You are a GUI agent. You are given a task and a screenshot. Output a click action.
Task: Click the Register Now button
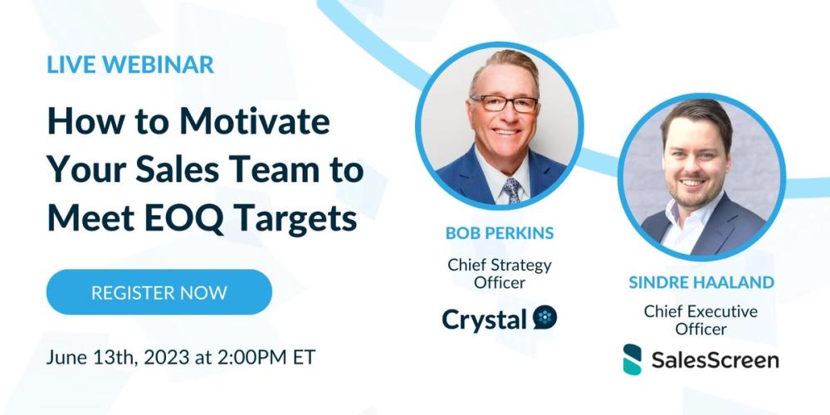pyautogui.click(x=159, y=292)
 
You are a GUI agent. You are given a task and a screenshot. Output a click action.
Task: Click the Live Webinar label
pyautogui.click(x=130, y=66)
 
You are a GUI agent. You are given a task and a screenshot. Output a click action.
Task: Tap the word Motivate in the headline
pyautogui.click(x=255, y=123)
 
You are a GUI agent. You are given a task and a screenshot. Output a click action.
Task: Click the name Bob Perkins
pyautogui.click(x=500, y=233)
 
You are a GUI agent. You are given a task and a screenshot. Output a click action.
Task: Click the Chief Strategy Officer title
pyautogui.click(x=500, y=275)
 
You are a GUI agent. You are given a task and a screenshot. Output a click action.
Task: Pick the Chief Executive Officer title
pyautogui.click(x=701, y=320)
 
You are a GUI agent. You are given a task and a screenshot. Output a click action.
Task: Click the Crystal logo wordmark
pyautogui.click(x=485, y=318)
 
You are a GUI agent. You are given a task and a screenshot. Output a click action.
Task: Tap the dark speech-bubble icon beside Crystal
pyautogui.click(x=544, y=317)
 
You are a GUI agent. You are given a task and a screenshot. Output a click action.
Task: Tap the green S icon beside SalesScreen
pyautogui.click(x=632, y=359)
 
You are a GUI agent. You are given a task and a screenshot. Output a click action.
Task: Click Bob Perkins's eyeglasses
pyautogui.click(x=505, y=104)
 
